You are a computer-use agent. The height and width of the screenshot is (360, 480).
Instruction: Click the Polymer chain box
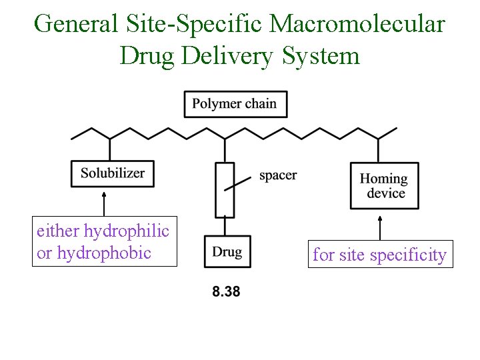point(234,104)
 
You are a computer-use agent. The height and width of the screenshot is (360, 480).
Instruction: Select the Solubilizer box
point(113,173)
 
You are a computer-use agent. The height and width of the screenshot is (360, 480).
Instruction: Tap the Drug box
point(227,252)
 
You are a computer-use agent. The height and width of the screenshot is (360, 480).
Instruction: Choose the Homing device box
point(384,186)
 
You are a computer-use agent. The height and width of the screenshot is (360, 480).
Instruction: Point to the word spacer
point(278,175)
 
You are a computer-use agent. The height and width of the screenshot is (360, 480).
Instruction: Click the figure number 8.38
point(226,291)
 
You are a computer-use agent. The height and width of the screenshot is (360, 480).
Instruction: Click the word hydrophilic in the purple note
point(127,231)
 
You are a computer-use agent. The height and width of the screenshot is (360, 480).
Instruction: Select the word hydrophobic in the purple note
point(105,253)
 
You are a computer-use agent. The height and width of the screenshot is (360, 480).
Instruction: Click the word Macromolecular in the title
point(358,24)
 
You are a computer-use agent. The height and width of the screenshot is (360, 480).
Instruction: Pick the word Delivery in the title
point(225,55)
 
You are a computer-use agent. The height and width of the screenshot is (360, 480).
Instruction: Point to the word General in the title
point(75,24)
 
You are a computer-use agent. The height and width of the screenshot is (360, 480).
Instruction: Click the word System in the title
point(321,55)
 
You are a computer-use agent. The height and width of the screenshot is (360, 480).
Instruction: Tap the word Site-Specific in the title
point(193,24)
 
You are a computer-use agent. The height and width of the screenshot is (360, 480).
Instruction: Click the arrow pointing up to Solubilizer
point(105,203)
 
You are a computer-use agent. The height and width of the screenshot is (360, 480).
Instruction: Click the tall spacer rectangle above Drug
point(225,190)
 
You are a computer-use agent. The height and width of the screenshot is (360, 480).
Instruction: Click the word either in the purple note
point(58,231)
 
